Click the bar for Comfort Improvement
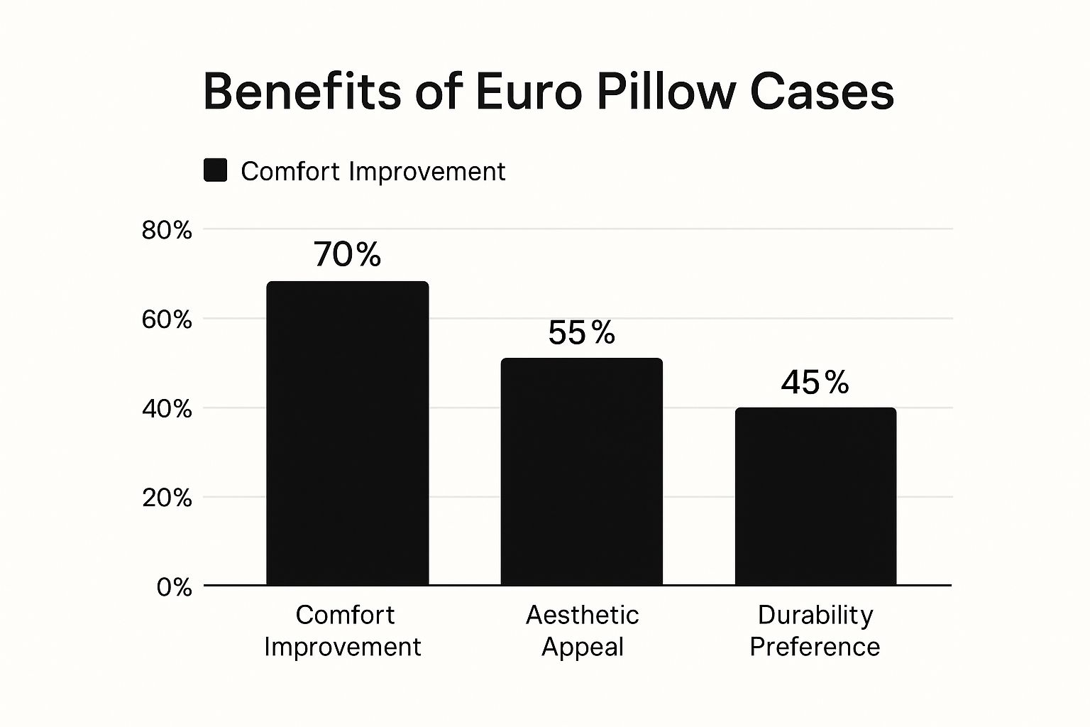coord(347,433)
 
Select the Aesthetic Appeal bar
coord(581,471)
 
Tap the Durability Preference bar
coord(815,496)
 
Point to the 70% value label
coord(347,254)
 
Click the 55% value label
coord(581,332)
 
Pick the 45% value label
coord(815,383)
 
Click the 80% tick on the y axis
coord(167,230)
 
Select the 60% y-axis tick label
coord(167,319)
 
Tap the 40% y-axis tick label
coord(167,409)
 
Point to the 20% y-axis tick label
coord(167,498)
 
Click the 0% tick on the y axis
coord(174,587)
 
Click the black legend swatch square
coord(215,170)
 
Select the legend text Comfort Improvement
coord(373,172)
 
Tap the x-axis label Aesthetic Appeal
coord(582,630)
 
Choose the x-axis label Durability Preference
coord(815,630)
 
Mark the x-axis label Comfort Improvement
coord(343,630)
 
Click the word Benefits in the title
coord(302,92)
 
